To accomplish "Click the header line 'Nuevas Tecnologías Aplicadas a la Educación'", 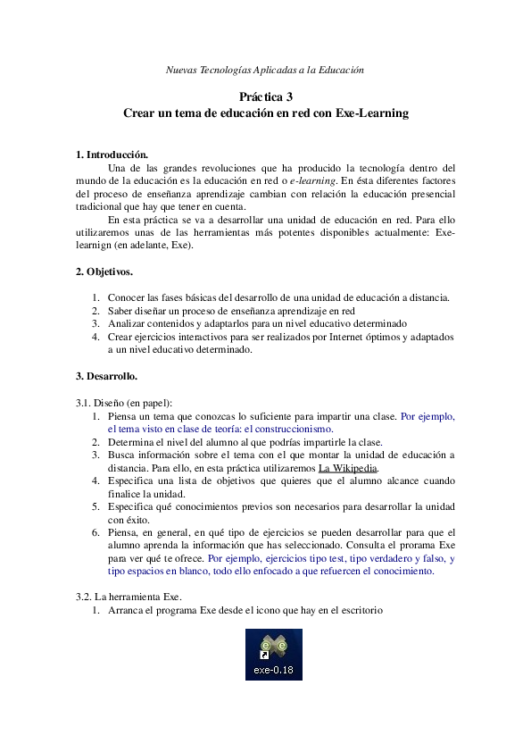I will [265, 70].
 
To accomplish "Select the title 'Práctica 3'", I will [265, 96].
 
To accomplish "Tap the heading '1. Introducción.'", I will [112, 154].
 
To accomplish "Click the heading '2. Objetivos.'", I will [104, 272].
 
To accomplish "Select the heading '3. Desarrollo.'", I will [106, 376].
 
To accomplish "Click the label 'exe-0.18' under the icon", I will [273, 669].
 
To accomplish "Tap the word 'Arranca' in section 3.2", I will [127, 610].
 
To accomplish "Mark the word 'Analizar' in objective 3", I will [128, 323].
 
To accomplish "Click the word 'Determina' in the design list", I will [131, 441].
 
